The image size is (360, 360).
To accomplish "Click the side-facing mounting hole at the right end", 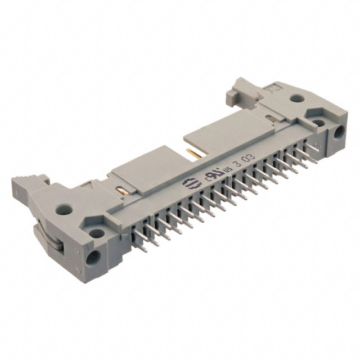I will [339, 133].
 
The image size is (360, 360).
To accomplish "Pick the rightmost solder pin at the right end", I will [311, 156].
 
